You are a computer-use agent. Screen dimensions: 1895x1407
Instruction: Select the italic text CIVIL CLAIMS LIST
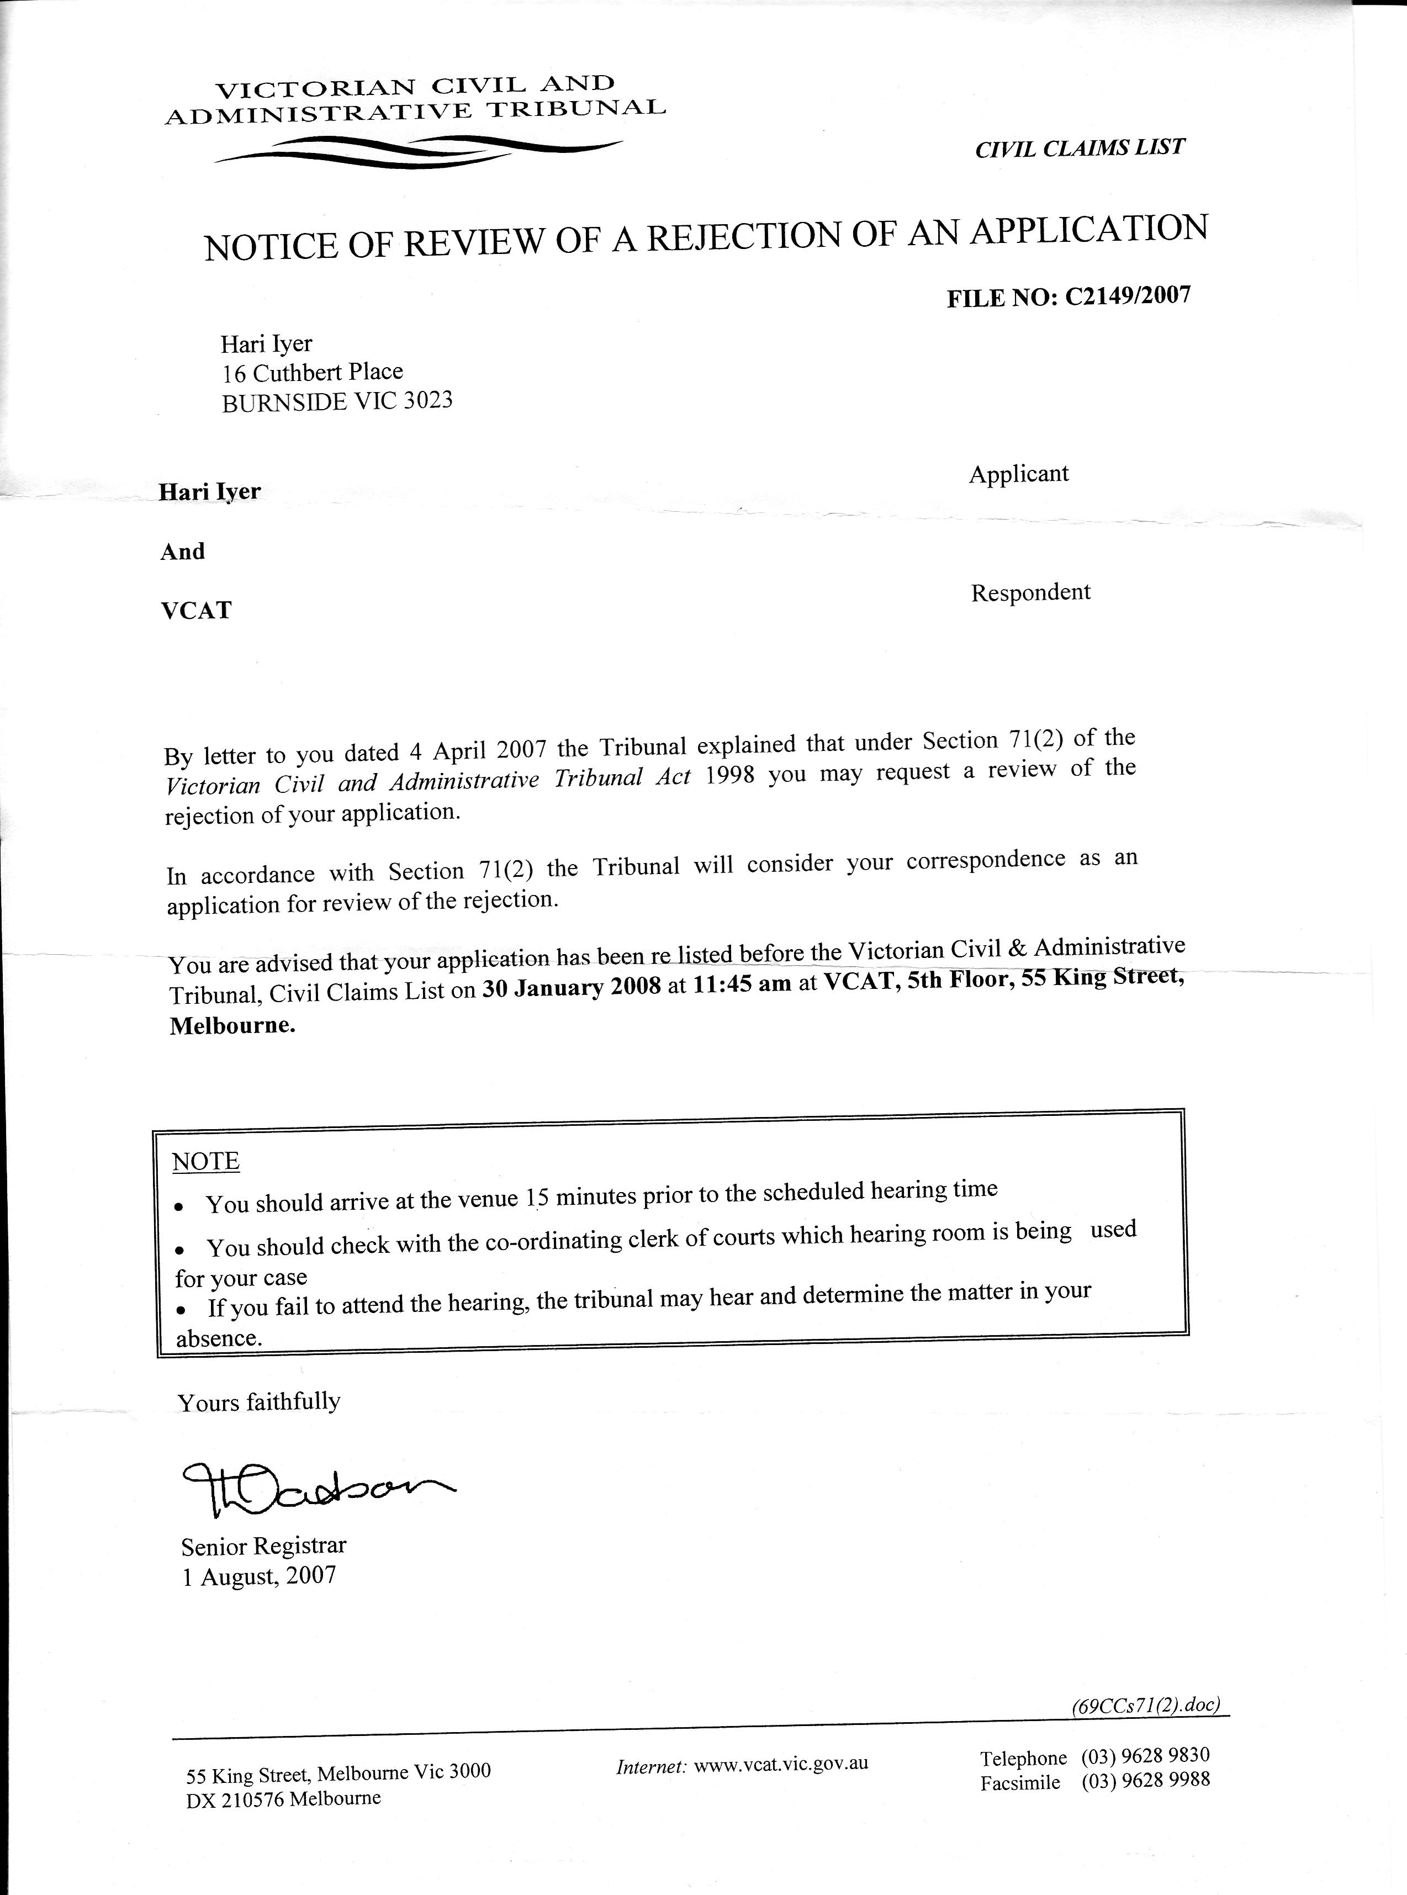pos(1079,148)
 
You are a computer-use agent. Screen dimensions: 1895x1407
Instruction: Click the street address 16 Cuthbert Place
pos(313,372)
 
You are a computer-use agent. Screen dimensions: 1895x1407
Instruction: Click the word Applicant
pos(1019,474)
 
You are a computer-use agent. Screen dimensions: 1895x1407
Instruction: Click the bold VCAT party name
pos(196,610)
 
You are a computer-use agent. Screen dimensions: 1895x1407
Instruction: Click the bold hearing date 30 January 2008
pos(572,989)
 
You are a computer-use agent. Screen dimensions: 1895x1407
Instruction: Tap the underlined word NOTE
pos(206,1162)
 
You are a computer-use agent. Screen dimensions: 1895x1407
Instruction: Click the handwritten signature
pos(315,1490)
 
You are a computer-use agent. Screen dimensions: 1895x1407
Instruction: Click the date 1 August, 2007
pos(260,1576)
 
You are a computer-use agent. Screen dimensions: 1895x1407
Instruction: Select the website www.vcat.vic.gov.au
pos(781,1762)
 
